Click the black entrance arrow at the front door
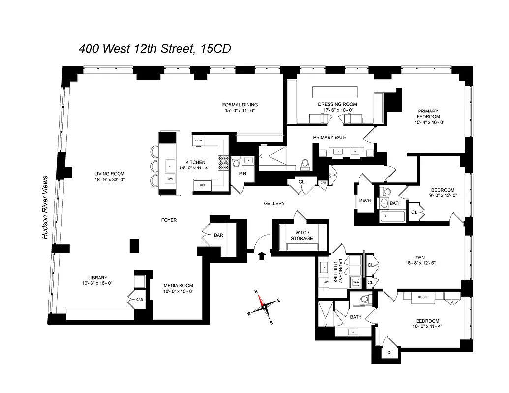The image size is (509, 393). pyautogui.click(x=262, y=254)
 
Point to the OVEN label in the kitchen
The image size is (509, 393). pyautogui.click(x=199, y=140)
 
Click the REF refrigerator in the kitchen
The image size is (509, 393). pyautogui.click(x=203, y=185)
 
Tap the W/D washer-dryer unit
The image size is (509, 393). pyautogui.click(x=356, y=282)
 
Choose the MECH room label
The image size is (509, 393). pyautogui.click(x=365, y=200)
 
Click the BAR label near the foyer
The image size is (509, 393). pyautogui.click(x=219, y=235)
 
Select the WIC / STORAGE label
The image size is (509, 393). pyautogui.click(x=301, y=235)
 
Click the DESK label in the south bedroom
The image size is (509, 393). pyautogui.click(x=422, y=297)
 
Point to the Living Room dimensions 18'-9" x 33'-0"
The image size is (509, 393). pyautogui.click(x=110, y=180)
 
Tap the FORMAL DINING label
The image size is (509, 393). pyautogui.click(x=240, y=105)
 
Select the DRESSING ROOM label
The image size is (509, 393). pyautogui.click(x=337, y=104)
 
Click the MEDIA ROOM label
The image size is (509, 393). pyautogui.click(x=178, y=285)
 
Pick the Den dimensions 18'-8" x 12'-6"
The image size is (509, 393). pyautogui.click(x=419, y=263)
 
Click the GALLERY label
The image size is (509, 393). pyautogui.click(x=274, y=203)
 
